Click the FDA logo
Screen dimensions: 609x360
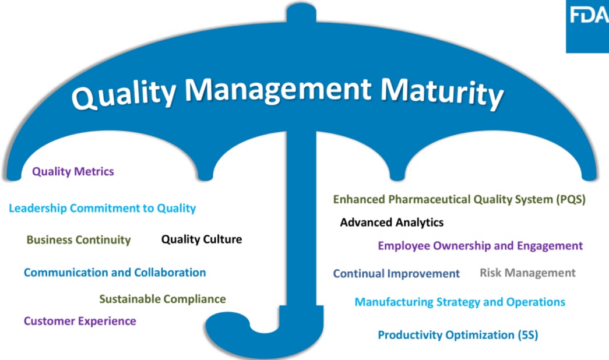pos(587,26)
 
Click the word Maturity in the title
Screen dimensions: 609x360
pos(442,93)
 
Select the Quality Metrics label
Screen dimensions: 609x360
pos(73,171)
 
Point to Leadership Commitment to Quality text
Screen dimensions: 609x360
pos(102,208)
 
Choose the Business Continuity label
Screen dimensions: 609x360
pos(79,239)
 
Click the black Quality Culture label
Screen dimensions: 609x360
pos(202,239)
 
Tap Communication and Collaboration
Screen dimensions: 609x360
pos(115,272)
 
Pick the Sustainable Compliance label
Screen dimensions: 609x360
pos(163,299)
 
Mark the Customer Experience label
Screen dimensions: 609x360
pos(80,321)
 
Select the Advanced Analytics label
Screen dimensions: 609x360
pos(392,222)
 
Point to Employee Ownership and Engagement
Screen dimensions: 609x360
pos(480,246)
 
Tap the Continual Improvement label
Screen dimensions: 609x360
pos(396,273)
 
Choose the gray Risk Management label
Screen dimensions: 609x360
pos(527,273)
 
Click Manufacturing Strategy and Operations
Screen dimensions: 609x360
pos(460,302)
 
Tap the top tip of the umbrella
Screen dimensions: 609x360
pos(301,4)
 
